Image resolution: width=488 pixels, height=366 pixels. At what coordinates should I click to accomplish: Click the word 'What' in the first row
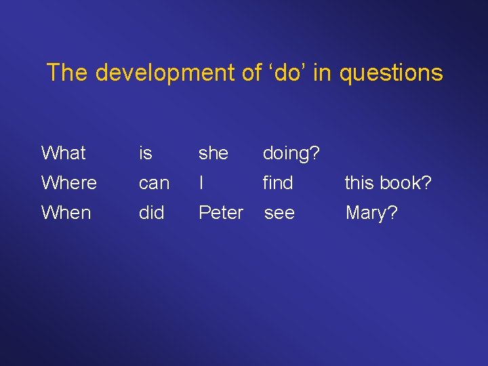63,153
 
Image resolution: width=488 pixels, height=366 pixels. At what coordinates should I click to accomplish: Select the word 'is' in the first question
145,153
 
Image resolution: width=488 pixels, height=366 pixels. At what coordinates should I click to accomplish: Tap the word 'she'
213,153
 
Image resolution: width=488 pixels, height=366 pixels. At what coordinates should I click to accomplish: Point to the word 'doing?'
291,154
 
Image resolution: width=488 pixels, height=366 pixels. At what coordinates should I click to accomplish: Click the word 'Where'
68,183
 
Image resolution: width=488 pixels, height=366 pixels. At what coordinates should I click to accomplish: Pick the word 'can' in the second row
154,183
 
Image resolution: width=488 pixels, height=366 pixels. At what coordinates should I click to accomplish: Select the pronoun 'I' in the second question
201,183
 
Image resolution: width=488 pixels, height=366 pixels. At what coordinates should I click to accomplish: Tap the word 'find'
277,183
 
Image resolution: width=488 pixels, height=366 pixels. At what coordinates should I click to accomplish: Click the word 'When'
66,213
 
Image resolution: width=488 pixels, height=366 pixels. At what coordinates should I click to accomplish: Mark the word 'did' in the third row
151,213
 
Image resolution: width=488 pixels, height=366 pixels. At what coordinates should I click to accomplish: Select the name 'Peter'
220,213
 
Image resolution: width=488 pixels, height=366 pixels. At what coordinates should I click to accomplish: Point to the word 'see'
279,213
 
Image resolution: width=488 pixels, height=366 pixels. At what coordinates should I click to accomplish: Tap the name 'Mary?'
371,213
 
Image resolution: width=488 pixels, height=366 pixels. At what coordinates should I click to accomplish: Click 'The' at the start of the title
66,73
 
